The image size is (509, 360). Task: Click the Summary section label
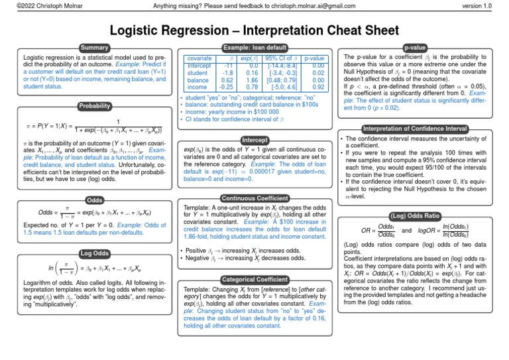click(91, 48)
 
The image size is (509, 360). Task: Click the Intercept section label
click(254, 141)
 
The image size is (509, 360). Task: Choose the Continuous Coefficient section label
click(254, 198)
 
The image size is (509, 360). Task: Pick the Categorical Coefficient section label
click(254, 280)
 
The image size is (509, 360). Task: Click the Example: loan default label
click(254, 48)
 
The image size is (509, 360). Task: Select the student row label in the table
click(198, 73)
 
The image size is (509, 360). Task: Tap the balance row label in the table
click(198, 80)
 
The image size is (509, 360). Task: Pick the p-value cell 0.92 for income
click(317, 87)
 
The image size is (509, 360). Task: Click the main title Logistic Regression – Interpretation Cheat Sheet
click(254, 30)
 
